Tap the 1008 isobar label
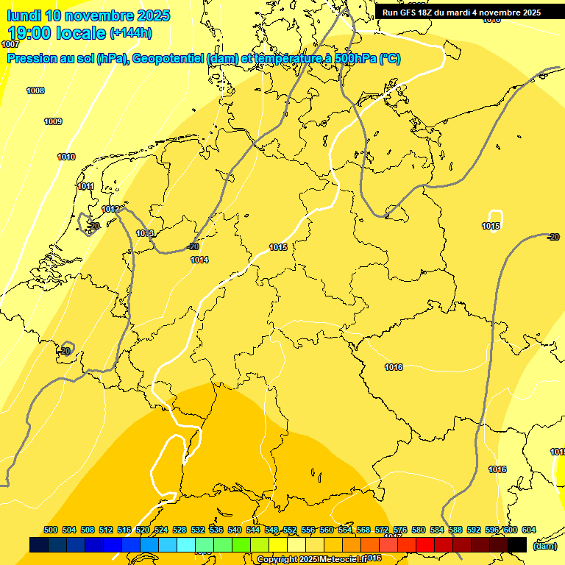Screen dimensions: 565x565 click(35, 90)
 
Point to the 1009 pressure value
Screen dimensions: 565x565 click(53, 121)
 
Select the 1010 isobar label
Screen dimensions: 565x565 click(66, 157)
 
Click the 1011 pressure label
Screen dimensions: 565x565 click(85, 187)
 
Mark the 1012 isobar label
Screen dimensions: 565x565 click(110, 210)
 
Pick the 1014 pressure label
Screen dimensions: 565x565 click(199, 260)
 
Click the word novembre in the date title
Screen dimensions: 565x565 click(98, 15)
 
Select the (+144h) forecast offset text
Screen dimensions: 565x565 click(132, 33)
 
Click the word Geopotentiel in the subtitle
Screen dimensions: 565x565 click(168, 59)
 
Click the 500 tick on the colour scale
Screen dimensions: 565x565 click(51, 530)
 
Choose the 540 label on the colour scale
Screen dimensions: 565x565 click(235, 530)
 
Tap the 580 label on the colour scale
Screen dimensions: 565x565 click(419, 530)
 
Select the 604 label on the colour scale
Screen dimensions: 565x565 click(529, 530)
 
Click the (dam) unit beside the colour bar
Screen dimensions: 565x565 click(544, 546)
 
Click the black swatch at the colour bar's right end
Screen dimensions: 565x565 click(517, 544)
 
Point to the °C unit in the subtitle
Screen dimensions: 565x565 click(390, 59)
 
